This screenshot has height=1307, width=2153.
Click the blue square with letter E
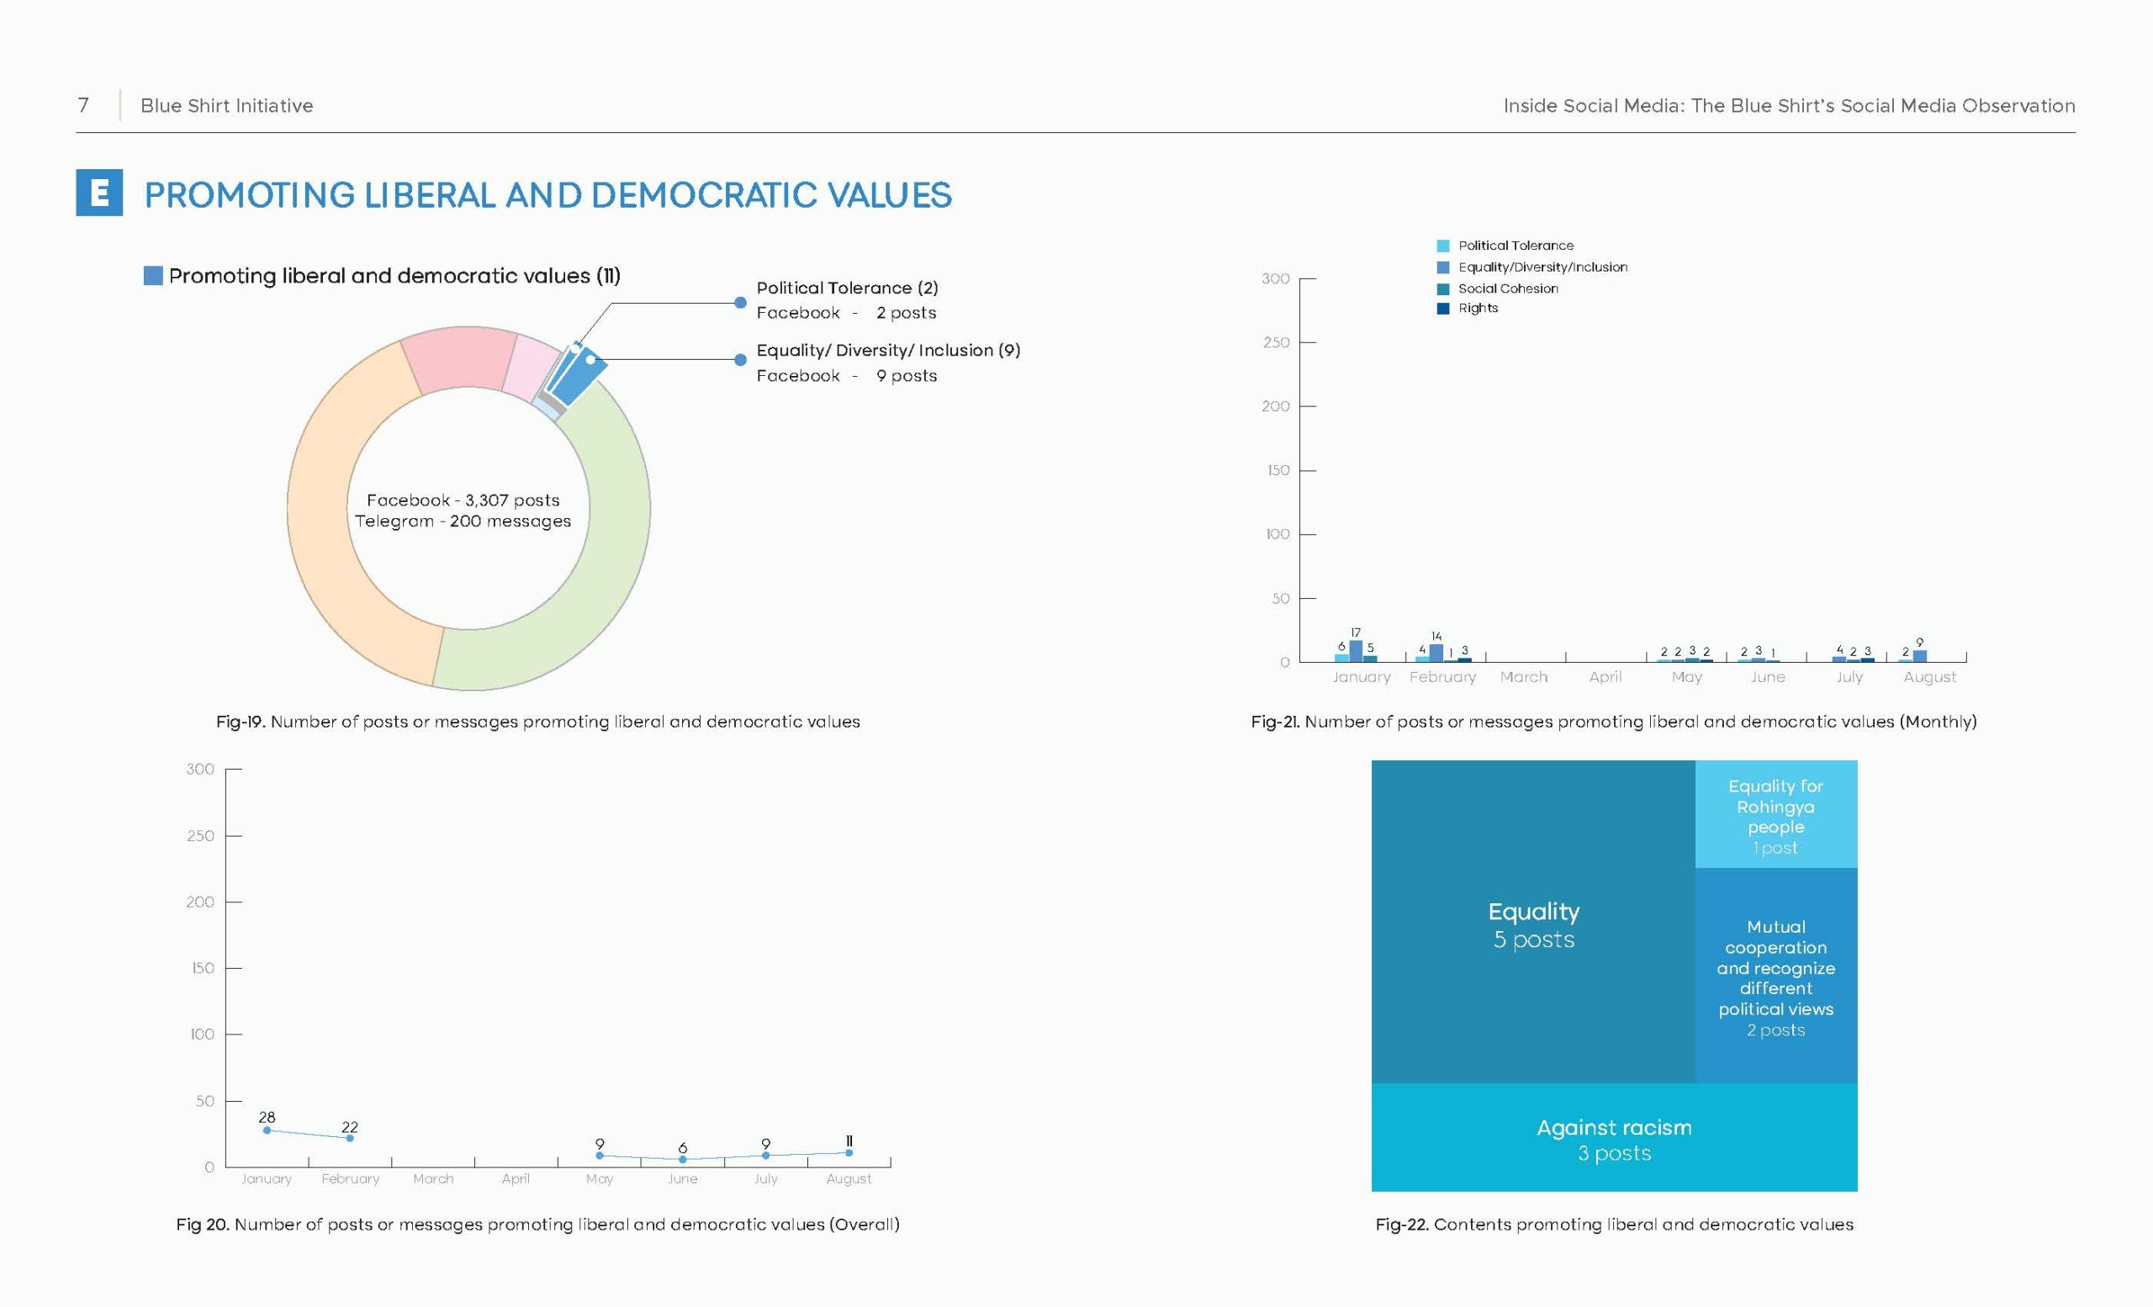[98, 193]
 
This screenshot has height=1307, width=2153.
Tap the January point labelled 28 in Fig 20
[267, 1130]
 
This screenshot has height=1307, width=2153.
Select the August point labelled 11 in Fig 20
[849, 1152]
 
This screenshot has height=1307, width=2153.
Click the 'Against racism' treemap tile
[1614, 1137]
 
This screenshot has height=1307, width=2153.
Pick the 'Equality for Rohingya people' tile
[1775, 814]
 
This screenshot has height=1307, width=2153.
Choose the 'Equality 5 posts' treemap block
[1533, 922]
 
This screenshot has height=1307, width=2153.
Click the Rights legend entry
[1467, 309]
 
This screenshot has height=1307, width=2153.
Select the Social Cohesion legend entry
[1497, 288]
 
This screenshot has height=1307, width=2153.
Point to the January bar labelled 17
[1355, 651]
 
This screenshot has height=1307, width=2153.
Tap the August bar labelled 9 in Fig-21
[1919, 656]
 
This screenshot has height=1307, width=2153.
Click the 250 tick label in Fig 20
[200, 836]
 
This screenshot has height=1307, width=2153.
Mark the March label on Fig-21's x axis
[1523, 677]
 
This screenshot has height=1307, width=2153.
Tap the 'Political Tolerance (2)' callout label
[847, 288]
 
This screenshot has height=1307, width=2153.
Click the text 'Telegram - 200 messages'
[463, 521]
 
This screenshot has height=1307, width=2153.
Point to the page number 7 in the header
[83, 106]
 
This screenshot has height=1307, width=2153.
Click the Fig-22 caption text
[1614, 1225]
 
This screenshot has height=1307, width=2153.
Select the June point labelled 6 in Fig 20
[682, 1159]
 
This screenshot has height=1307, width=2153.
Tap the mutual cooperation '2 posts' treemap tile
[1775, 976]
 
